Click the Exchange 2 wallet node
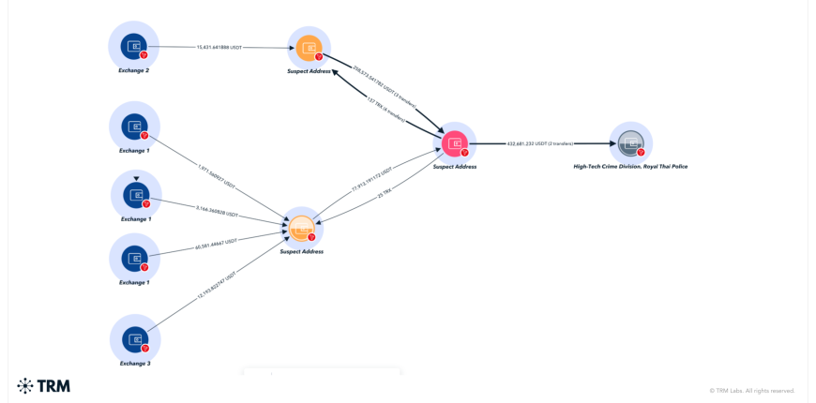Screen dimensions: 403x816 click(134, 45)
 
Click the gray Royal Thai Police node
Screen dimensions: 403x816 click(630, 143)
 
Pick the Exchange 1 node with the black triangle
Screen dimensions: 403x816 click(136, 195)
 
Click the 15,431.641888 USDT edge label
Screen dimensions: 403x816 click(219, 47)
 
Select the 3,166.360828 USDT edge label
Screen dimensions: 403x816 click(217, 211)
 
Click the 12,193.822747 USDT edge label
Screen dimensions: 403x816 click(217, 285)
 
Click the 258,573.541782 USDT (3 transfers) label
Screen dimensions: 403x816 click(384, 87)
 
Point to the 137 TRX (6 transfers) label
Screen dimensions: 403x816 click(384, 109)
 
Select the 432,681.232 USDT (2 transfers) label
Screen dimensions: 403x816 click(539, 143)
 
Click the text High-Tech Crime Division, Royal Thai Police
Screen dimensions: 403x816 click(630, 166)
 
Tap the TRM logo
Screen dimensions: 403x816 click(43, 385)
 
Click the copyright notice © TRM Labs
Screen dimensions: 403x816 click(751, 390)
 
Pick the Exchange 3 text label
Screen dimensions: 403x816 click(135, 364)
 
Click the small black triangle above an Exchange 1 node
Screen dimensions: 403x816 click(136, 178)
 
